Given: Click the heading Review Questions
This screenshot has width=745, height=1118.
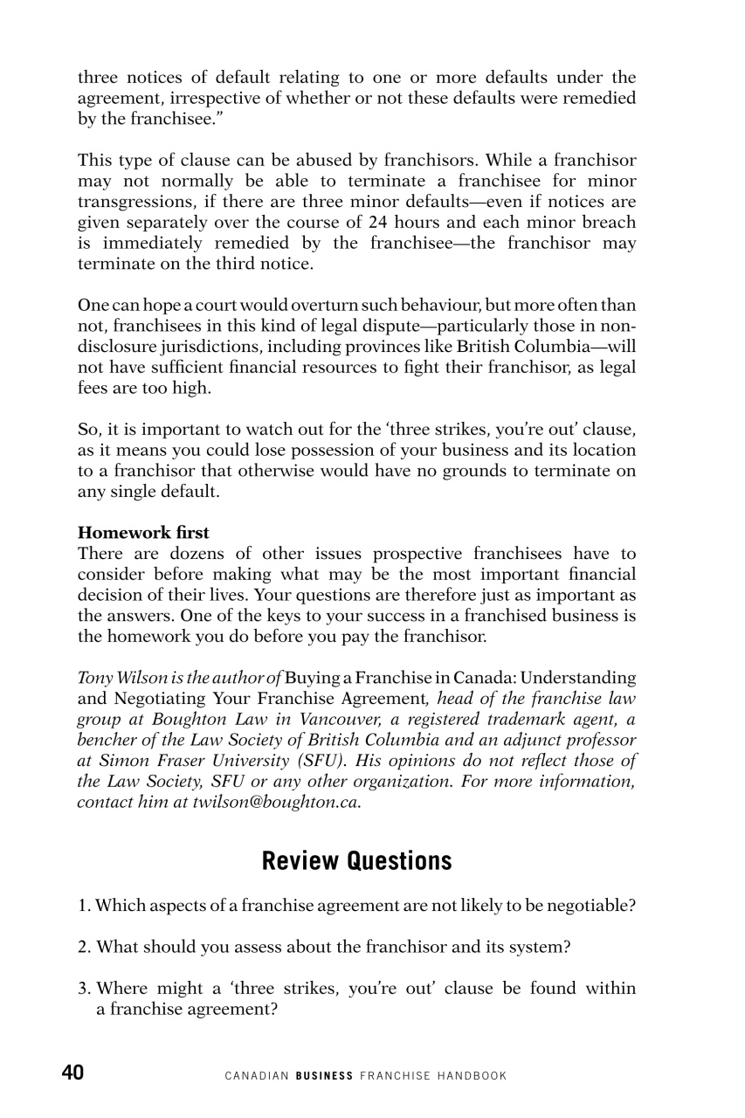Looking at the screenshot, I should [356, 860].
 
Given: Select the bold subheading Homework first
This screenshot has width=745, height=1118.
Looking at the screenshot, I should [143, 532].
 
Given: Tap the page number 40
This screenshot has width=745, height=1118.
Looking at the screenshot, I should [72, 1073].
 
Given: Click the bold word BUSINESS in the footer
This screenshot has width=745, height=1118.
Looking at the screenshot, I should [324, 1076].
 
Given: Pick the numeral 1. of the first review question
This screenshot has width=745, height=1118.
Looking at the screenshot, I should [85, 906].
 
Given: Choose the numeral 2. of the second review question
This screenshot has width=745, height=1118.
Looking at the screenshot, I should [85, 947].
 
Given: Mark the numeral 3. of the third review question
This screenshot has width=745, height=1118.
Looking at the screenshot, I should [85, 989].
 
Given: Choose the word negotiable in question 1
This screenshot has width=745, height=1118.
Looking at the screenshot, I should [591, 906].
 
